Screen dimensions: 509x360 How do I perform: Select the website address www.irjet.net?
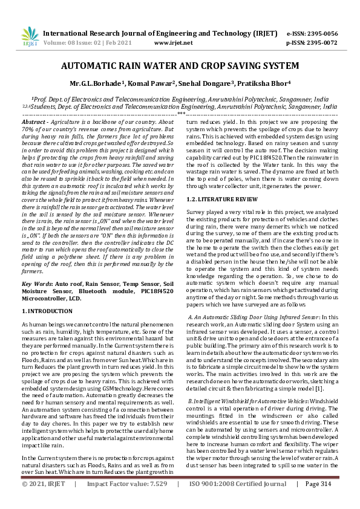(x=174, y=44)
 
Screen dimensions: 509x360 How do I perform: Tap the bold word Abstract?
(x=33, y=122)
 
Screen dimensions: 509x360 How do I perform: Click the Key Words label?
(x=36, y=283)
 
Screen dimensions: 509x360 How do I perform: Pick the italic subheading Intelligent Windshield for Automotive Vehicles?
(x=244, y=402)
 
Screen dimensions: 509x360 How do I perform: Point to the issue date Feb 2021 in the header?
(x=123, y=44)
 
